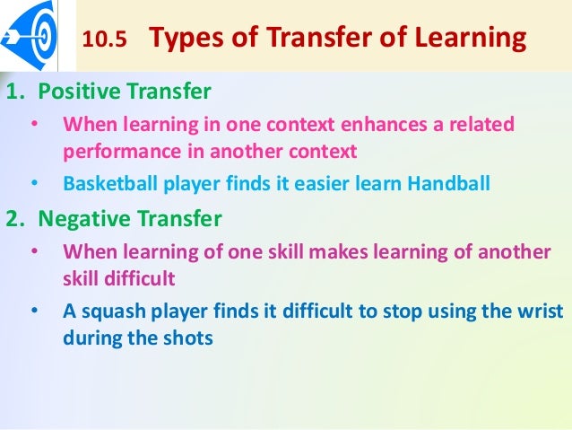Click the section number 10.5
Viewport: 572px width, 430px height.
(105, 40)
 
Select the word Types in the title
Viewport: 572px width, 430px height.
(185, 39)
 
